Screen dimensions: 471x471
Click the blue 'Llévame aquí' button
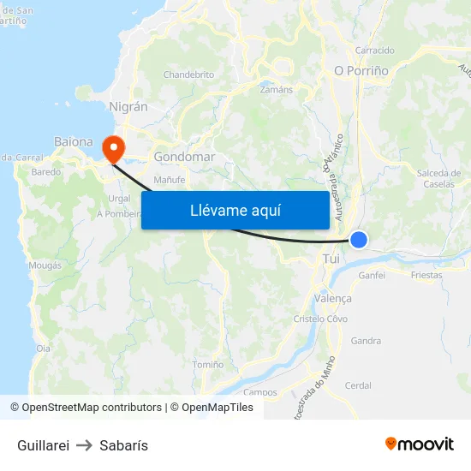coord(235,210)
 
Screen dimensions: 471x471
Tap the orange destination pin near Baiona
coord(112,149)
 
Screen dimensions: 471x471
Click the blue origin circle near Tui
coord(360,241)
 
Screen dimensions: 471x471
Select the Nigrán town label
coord(128,107)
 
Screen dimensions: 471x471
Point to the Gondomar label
coord(184,158)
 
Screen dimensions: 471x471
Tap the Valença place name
coord(333,298)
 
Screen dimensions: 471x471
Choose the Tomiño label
coord(208,365)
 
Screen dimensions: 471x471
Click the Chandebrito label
coord(188,75)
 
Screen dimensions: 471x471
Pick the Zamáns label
coord(276,89)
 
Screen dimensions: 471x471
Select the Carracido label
coord(374,51)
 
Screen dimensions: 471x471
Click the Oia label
coord(43,349)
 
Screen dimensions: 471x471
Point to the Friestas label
coord(426,276)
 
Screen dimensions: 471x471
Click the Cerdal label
coord(357,385)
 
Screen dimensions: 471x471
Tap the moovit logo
coord(420,444)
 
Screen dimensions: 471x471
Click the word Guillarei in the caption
coord(43,445)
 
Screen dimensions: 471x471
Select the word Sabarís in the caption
coord(123,445)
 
